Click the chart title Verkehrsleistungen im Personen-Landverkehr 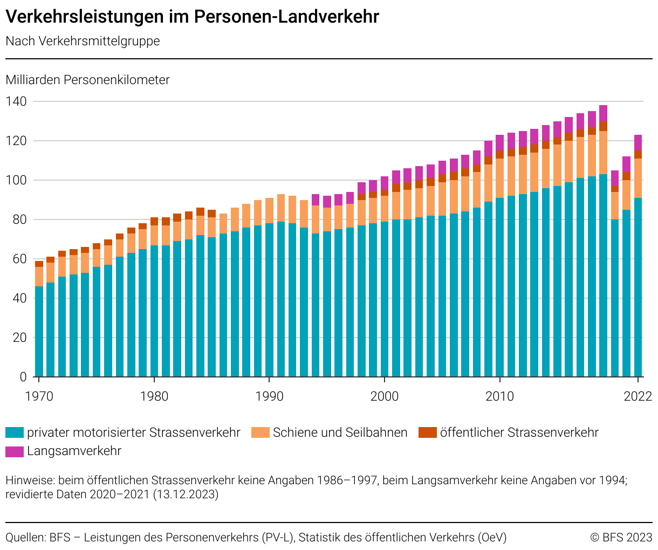click(192, 17)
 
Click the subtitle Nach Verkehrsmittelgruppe click(83, 42)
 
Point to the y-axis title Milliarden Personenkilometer click(87, 80)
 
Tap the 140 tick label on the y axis click(16, 101)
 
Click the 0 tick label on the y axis click(23, 377)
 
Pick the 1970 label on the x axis click(39, 396)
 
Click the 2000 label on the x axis click(385, 396)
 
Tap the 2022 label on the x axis click(638, 396)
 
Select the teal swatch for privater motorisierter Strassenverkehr click(15, 432)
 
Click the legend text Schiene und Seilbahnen click(340, 432)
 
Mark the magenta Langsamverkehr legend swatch click(15, 451)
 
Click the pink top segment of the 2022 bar click(638, 142)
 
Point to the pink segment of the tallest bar click(603, 113)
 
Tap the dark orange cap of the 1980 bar click(154, 221)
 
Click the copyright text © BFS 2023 click(621, 538)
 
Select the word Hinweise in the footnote click(29, 480)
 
